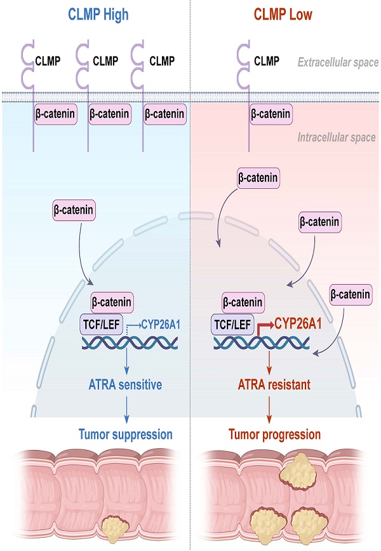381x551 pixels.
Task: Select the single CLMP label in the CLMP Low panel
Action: coord(266,62)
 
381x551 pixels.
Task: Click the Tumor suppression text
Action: coord(126,435)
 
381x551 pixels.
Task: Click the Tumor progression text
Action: coord(275,435)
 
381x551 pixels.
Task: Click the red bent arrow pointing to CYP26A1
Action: coord(262,327)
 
